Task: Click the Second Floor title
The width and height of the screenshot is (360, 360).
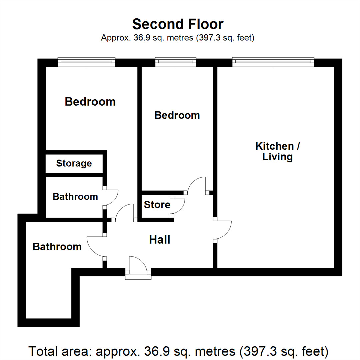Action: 178,24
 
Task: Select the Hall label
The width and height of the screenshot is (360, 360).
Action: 160,239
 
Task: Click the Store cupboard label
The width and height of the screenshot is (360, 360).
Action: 157,204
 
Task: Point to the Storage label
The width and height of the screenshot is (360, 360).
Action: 74,163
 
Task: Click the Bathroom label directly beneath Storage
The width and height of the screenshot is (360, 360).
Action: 75,197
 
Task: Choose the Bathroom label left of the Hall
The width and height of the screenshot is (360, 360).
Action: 57,247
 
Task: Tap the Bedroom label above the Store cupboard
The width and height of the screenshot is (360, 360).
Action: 177,115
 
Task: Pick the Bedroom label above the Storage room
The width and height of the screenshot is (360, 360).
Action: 90,101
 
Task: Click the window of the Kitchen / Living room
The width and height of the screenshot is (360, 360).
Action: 273,62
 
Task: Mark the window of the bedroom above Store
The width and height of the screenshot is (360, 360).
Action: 175,62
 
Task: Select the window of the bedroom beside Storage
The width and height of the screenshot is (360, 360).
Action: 86,62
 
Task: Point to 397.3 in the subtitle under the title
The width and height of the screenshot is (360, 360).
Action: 210,38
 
